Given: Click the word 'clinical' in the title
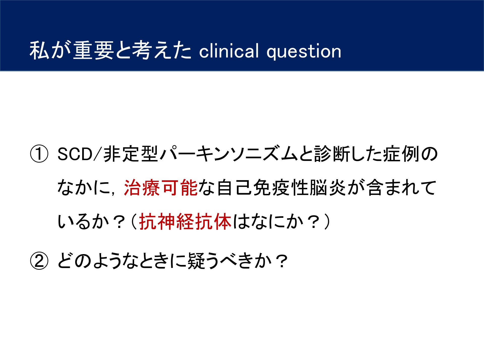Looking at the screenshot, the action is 229,51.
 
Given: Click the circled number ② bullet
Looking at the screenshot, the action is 39,261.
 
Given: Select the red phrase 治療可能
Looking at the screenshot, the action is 161,188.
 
